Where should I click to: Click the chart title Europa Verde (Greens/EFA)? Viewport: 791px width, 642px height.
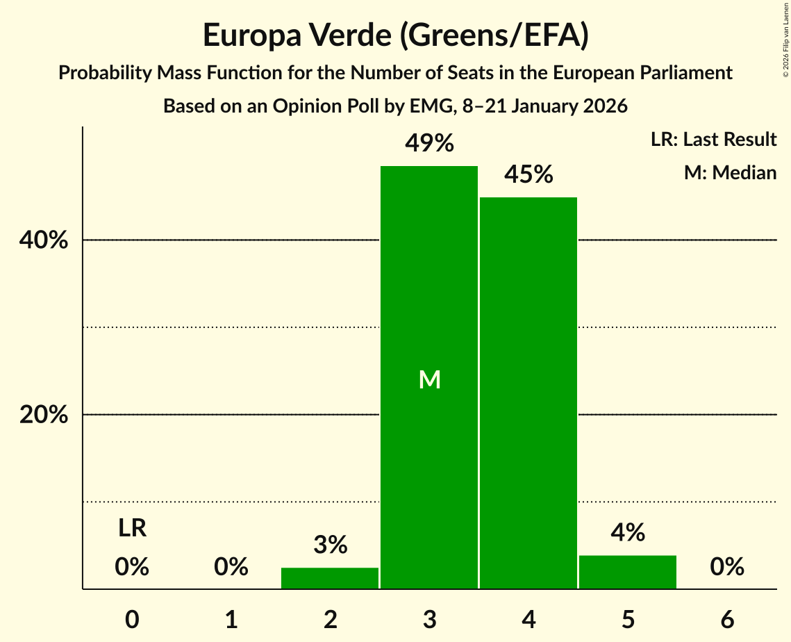coord(395,35)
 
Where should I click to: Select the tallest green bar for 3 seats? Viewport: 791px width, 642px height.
coord(429,292)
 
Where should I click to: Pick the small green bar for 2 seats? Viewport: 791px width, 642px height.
coord(330,578)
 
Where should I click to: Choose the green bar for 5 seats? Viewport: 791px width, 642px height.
coord(628,572)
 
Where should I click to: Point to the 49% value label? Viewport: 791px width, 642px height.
coord(429,144)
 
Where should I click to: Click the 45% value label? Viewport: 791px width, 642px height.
coord(528,175)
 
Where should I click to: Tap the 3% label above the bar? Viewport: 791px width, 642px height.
coord(330,545)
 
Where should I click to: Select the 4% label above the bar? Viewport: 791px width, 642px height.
coord(628,533)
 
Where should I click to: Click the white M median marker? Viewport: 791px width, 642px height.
coord(429,379)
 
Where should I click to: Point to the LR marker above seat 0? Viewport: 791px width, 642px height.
coord(132,529)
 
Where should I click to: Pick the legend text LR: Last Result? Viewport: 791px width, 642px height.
coord(713,140)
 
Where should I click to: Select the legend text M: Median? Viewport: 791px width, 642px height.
coord(730,172)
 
